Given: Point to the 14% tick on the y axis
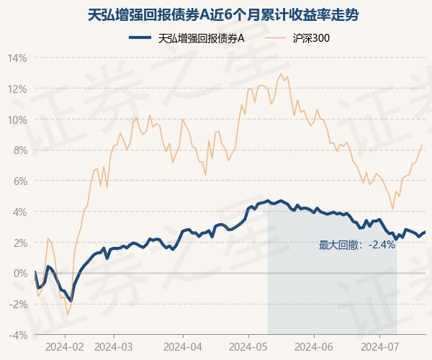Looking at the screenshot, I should click(18, 58).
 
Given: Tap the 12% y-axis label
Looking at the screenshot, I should click(18, 89).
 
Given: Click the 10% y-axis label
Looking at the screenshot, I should click(18, 120).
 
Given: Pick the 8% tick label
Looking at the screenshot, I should click(20, 150).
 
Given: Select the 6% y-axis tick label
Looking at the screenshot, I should click(20, 181).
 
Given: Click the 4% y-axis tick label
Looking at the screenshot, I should click(20, 212).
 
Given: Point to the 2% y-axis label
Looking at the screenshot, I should click(20, 243).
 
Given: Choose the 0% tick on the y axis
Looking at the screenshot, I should click(20, 274).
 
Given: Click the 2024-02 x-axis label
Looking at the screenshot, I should click(64, 346).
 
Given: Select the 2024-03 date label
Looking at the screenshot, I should click(114, 346).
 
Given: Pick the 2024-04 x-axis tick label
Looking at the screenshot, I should click(183, 346).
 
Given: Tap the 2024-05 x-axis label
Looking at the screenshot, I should click(248, 346).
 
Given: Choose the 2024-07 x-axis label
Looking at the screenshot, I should click(379, 346).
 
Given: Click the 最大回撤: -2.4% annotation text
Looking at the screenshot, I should click(357, 245).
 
